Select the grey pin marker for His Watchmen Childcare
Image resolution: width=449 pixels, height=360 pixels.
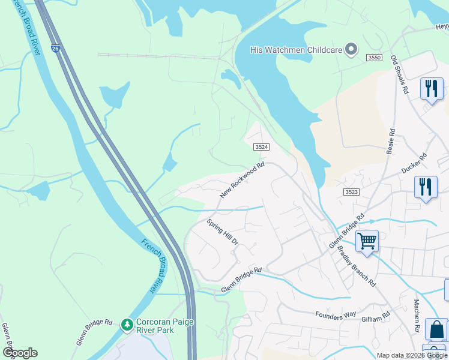[x=352, y=49]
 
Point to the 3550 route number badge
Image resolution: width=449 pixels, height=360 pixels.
[x=374, y=57]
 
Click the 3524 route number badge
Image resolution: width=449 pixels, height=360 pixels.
[x=261, y=147]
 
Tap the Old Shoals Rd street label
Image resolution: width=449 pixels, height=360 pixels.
[x=400, y=74]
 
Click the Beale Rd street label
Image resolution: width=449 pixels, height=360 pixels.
[x=391, y=140]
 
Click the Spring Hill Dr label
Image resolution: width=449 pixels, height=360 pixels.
[x=223, y=233]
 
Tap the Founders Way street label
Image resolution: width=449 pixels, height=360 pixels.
[x=336, y=314]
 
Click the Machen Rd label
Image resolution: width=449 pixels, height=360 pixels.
[x=416, y=316]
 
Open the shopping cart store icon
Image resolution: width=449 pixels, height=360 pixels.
[x=367, y=241]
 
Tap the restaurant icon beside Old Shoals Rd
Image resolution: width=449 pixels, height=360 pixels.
[x=431, y=89]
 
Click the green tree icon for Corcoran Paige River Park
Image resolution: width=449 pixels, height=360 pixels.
[x=127, y=325]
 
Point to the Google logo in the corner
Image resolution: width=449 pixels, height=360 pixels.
[x=20, y=353]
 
